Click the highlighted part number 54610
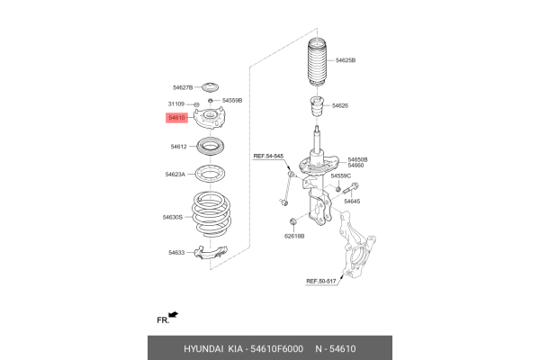pos(176,118)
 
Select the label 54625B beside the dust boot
pos(346,60)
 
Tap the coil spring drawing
pos(211,214)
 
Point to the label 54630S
pos(173,218)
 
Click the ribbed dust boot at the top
pos(317,62)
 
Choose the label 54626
pos(340,106)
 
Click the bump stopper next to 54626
pos(317,107)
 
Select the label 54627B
pos(183,88)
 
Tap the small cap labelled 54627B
pos(210,87)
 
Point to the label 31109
pos(176,104)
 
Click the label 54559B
pos(232,101)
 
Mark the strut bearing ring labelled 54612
pos(210,146)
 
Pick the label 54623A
pos(175,175)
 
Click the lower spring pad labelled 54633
pos(211,252)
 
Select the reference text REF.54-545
pos(268,156)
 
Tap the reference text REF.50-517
pos(321,282)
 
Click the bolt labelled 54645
pos(351,189)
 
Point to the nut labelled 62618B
pos(293,220)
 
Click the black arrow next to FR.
pos(174,314)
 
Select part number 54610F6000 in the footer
pos(277,349)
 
